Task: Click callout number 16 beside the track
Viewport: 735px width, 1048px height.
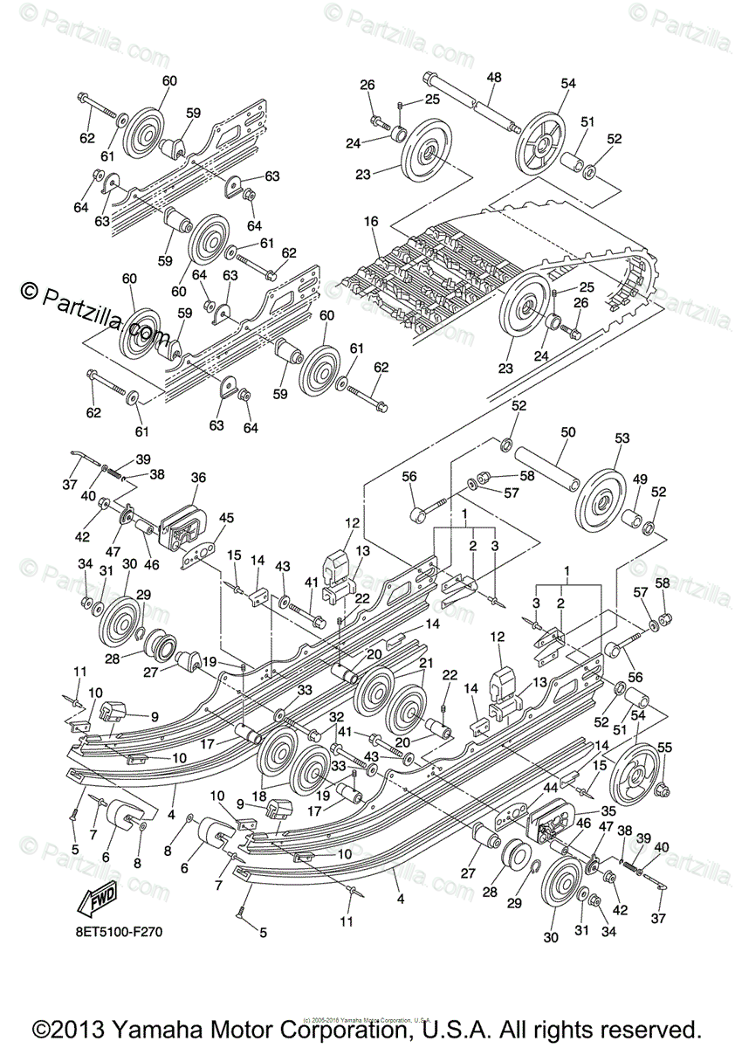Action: pos(371,222)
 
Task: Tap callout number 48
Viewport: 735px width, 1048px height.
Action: pos(494,78)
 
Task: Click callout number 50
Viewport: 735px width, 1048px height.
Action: pos(567,433)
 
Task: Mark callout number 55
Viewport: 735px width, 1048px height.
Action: pos(664,747)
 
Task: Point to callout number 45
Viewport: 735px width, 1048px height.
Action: pos(226,519)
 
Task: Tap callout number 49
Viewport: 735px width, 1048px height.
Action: pos(639,479)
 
